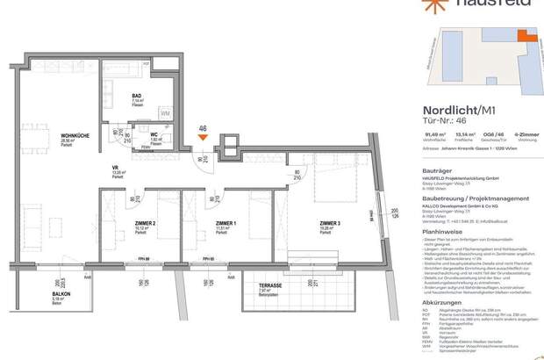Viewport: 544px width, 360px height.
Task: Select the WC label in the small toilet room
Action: point(154,134)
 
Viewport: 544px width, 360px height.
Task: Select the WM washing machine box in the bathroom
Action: point(166,113)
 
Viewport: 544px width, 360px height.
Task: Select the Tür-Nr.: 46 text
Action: point(434,121)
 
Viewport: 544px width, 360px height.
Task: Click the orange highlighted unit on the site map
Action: point(524,37)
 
